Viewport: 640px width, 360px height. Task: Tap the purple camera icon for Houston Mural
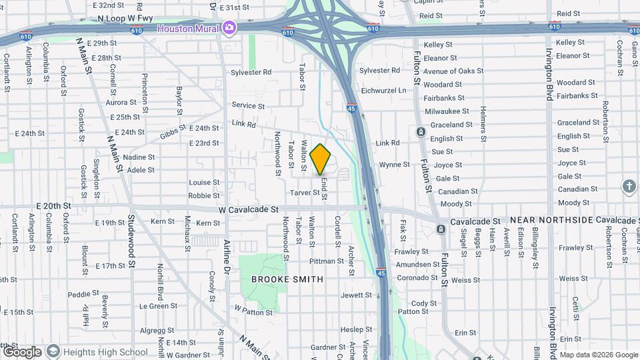(x=230, y=28)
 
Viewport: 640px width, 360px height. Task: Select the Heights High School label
(x=106, y=352)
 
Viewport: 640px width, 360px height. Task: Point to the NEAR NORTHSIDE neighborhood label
(x=551, y=220)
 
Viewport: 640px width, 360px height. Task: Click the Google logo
(x=22, y=352)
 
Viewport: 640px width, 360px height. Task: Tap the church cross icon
(x=630, y=186)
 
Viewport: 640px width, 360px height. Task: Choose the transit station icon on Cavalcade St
(x=441, y=229)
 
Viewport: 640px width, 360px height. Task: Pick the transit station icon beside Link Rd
(x=421, y=131)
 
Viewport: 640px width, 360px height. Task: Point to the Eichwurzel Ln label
(x=383, y=90)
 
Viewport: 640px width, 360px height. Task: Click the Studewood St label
(x=132, y=241)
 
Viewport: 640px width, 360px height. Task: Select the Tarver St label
(x=305, y=193)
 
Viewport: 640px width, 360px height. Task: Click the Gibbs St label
(x=173, y=133)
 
